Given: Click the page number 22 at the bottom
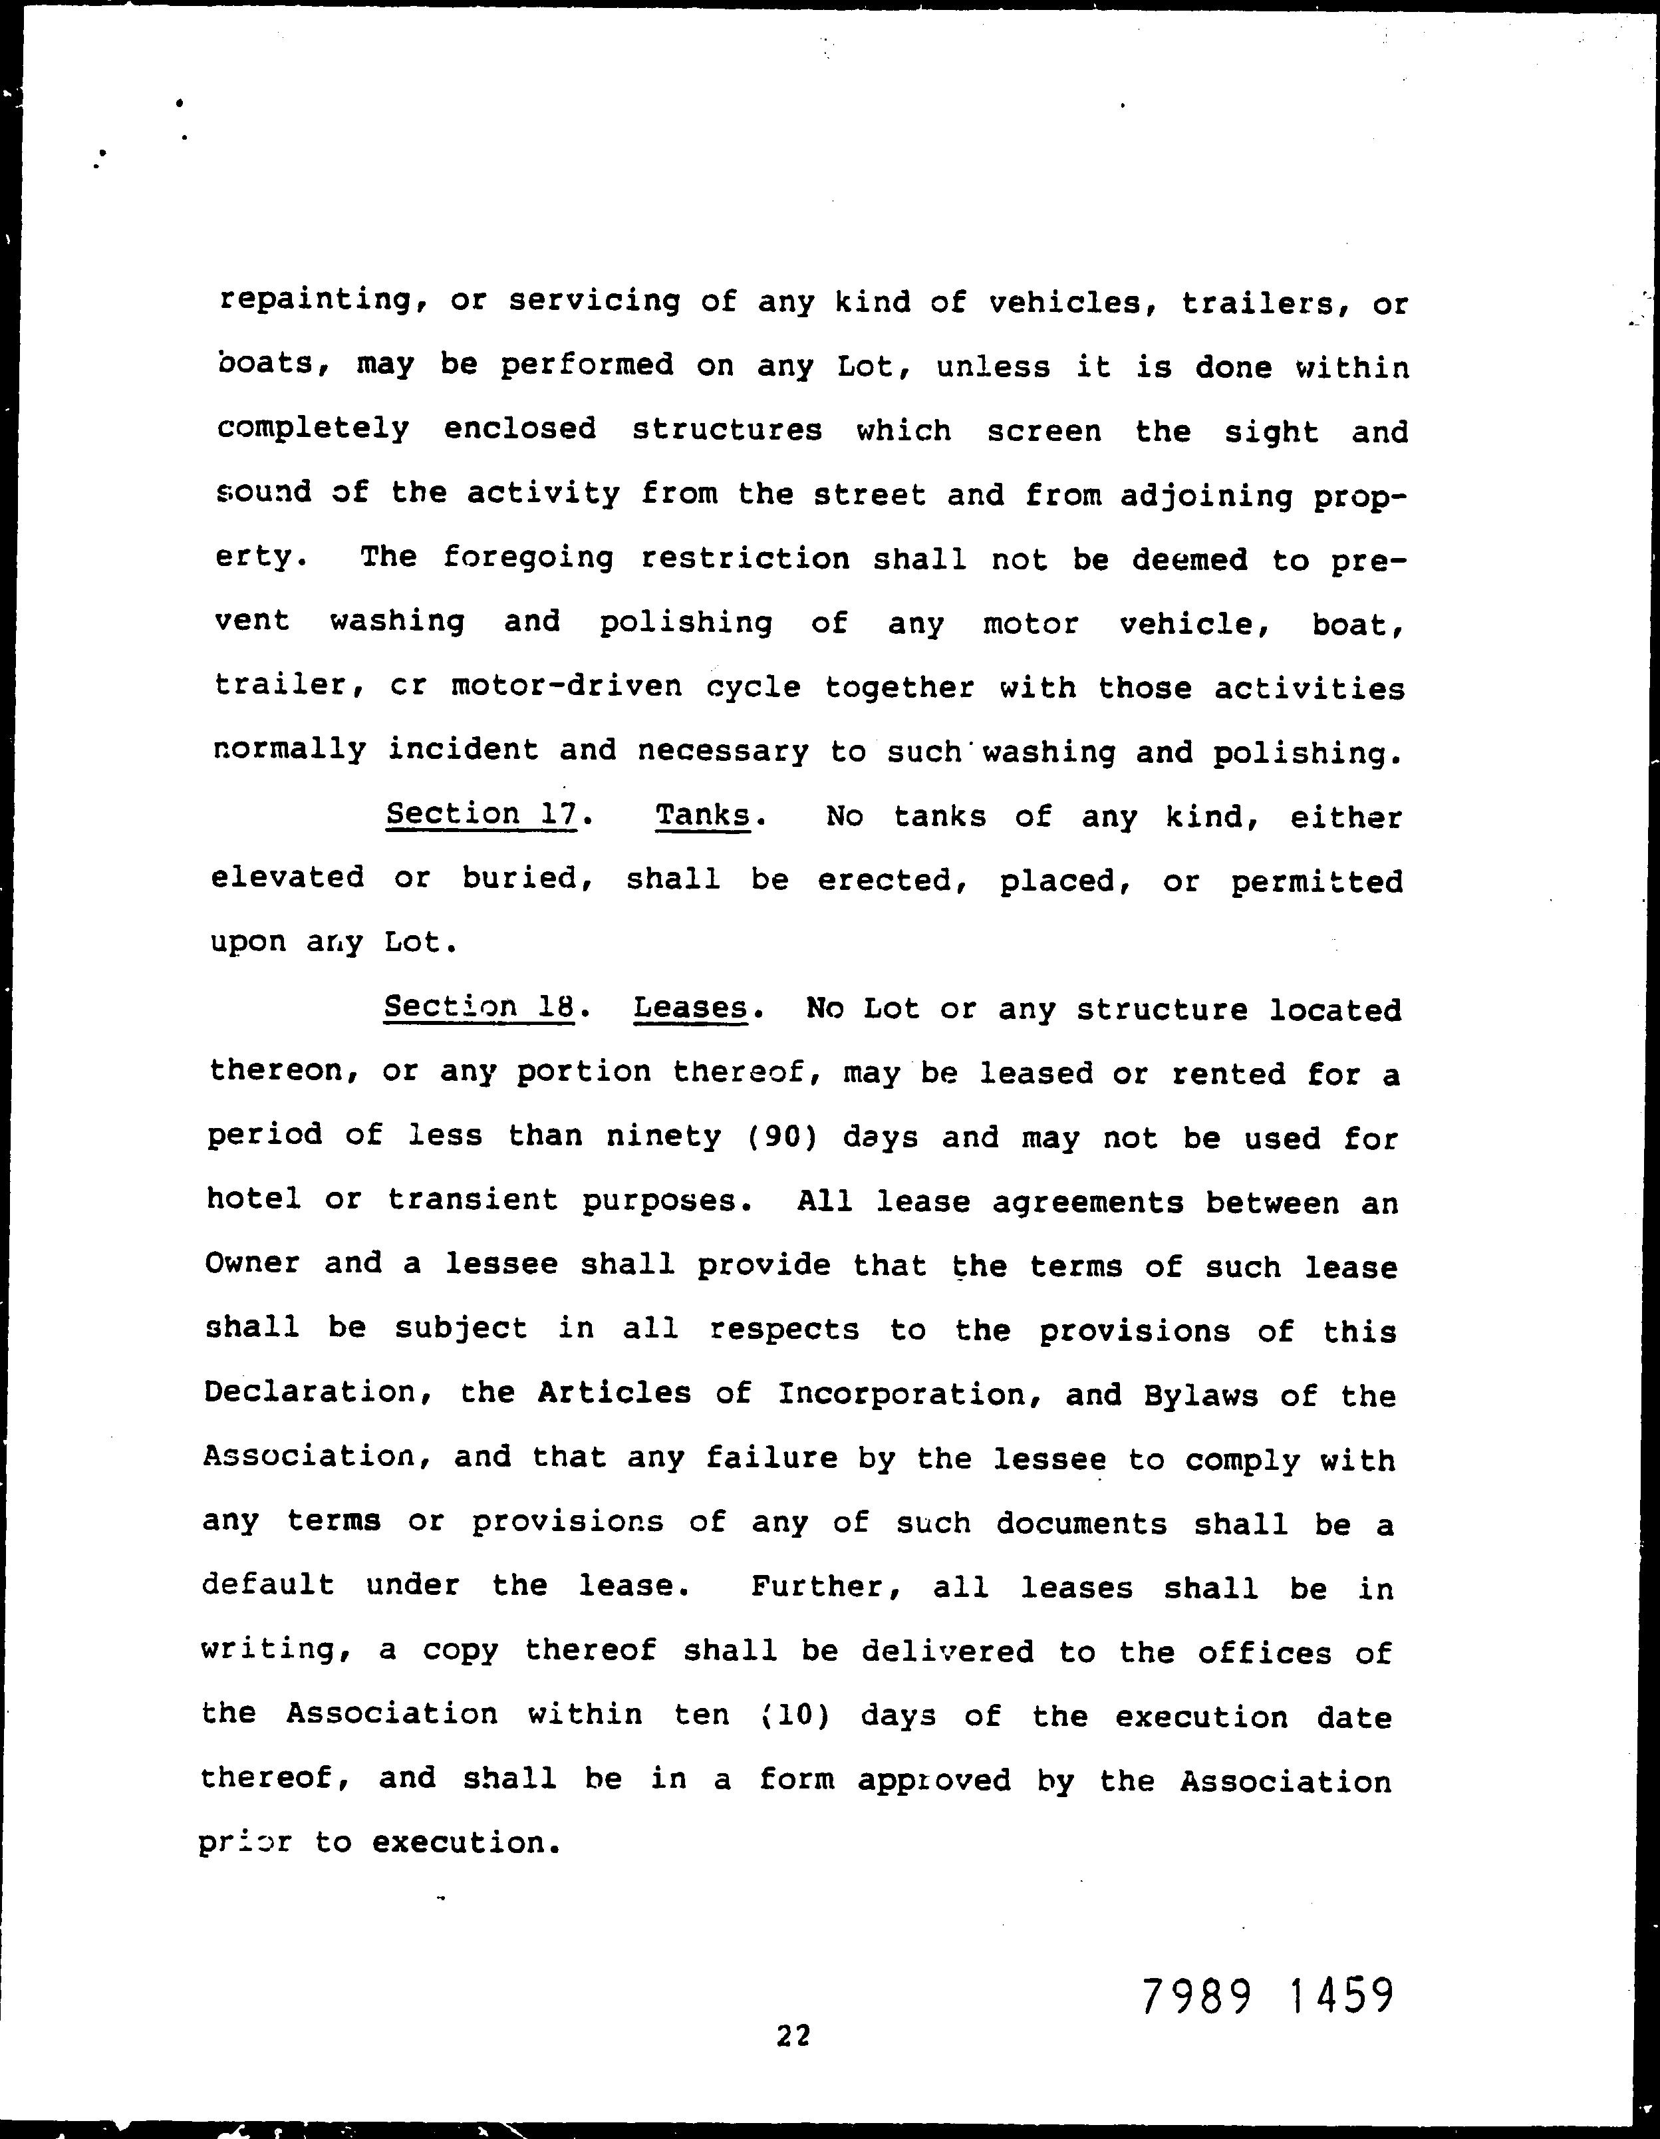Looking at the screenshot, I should coord(793,2036).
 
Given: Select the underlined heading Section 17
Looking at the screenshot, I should coord(481,814).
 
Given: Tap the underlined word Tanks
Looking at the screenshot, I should coord(703,815).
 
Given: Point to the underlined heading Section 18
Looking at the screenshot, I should coord(478,1007).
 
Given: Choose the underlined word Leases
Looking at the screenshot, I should coord(690,1008).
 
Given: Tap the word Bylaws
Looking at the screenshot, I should coord(1200,1395).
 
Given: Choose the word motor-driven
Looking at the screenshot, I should coord(566,686).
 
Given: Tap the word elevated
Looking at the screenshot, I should coord(288,877).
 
